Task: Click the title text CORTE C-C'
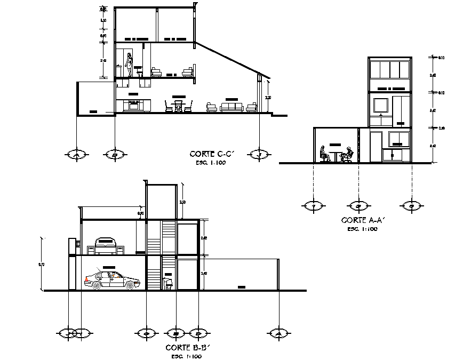(211, 154)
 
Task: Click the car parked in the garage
(112, 279)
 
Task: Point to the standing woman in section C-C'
(129, 66)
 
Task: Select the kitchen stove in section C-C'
(133, 105)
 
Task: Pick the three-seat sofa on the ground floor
(231, 107)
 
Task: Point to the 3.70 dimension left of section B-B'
(41, 264)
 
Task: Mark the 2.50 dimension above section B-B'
(182, 202)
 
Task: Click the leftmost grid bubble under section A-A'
(313, 205)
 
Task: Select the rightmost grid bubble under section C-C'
(260, 154)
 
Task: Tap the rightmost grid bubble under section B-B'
(278, 333)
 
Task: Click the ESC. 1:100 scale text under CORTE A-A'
(362, 229)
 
